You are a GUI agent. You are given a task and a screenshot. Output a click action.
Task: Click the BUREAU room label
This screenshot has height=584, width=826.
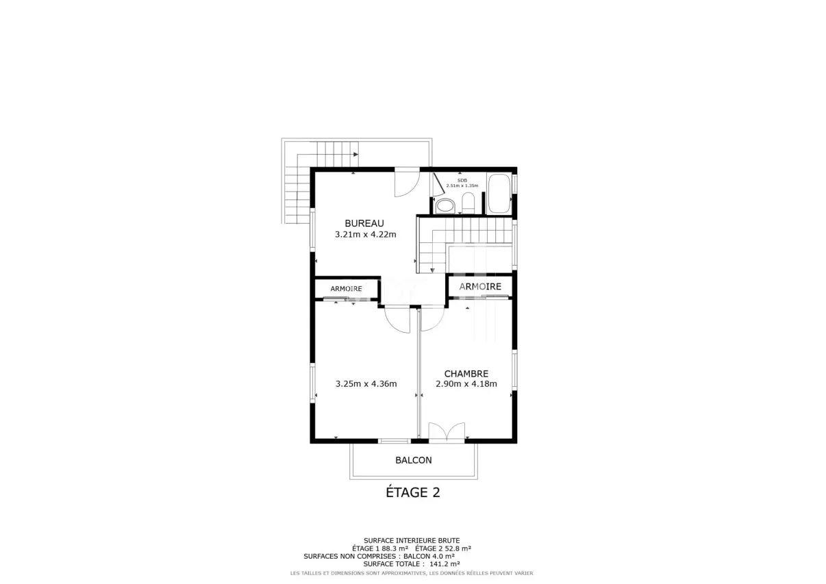(364, 223)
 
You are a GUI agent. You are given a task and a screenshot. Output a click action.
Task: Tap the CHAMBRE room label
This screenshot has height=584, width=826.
(466, 374)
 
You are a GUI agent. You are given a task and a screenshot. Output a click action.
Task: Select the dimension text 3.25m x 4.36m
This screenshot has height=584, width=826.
(366, 384)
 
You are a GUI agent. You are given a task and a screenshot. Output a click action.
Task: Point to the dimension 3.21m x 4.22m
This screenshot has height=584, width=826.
(366, 234)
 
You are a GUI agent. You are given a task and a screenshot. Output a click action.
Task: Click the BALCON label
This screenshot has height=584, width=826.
(414, 460)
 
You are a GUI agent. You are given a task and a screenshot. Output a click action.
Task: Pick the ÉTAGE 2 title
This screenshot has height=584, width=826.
(413, 492)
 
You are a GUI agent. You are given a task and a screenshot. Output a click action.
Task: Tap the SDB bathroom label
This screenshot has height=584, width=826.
(462, 180)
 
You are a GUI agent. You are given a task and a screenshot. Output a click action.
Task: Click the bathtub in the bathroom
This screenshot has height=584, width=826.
(499, 193)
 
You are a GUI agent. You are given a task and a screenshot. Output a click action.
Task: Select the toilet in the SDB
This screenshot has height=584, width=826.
(468, 203)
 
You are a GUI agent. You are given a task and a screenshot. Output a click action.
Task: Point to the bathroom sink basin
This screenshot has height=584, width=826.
(445, 206)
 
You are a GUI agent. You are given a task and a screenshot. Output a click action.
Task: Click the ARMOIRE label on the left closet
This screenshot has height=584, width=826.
(347, 289)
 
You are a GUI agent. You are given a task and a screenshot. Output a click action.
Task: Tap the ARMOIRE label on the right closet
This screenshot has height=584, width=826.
(480, 286)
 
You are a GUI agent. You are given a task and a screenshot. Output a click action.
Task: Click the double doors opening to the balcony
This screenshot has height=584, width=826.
(447, 431)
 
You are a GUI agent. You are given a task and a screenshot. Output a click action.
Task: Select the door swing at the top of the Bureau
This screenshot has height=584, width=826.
(407, 183)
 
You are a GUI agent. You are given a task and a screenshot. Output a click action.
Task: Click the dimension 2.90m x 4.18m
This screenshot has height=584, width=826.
(466, 384)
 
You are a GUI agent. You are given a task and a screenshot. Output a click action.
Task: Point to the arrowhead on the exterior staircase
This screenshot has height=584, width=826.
(356, 155)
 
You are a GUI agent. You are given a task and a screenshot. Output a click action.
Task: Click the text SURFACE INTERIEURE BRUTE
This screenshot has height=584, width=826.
(412, 541)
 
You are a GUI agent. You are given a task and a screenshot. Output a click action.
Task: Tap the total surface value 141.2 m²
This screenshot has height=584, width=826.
(445, 563)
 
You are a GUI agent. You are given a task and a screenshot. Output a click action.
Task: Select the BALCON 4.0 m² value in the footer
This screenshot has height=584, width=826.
(429, 556)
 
